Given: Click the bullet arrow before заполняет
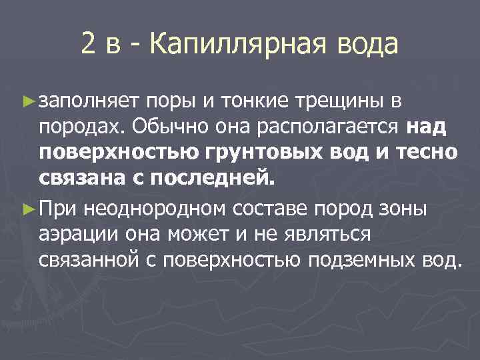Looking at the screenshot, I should click(x=27, y=101).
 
